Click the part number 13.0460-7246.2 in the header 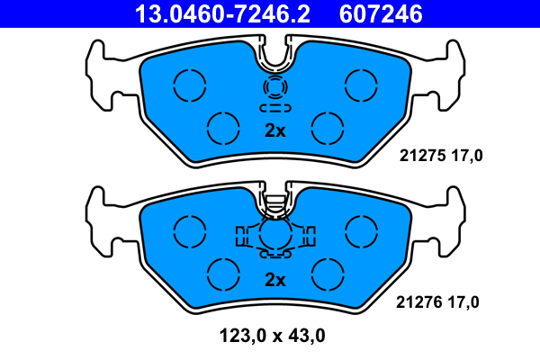point(222,13)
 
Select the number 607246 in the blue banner point(381,13)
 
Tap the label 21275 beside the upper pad point(423,156)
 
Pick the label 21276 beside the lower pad point(419,302)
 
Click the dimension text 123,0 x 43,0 point(272,336)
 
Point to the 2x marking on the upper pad point(274,130)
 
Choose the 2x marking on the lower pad point(274,280)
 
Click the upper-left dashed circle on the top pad point(190,69)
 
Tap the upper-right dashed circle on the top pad point(361,69)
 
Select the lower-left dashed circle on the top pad point(223,112)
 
